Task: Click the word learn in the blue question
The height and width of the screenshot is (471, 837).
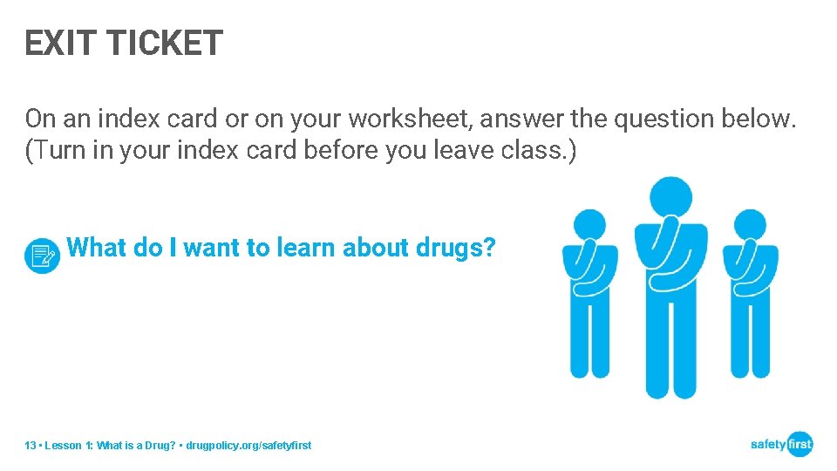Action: (x=307, y=248)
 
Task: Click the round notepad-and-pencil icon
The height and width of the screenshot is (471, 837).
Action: (x=43, y=256)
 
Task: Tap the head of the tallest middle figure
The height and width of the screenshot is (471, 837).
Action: (x=670, y=198)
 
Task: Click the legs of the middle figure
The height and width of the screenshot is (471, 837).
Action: (x=670, y=349)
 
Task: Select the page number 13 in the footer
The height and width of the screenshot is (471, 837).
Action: (x=31, y=446)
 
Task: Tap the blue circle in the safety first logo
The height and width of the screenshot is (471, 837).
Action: (x=799, y=444)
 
